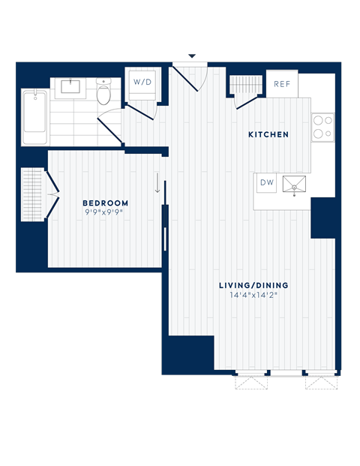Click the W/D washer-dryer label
click(142, 81)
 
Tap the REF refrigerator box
click(282, 84)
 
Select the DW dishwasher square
click(267, 182)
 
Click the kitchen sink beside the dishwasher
click(294, 184)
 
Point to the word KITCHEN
click(268, 135)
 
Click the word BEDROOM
click(105, 203)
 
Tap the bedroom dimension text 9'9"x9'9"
click(105, 213)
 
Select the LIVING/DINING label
click(253, 285)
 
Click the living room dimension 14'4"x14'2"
click(253, 296)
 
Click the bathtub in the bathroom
click(35, 118)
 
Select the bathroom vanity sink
click(71, 86)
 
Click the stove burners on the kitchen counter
click(323, 127)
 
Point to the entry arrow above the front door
click(192, 57)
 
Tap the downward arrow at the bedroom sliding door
click(157, 185)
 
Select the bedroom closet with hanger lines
click(32, 194)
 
